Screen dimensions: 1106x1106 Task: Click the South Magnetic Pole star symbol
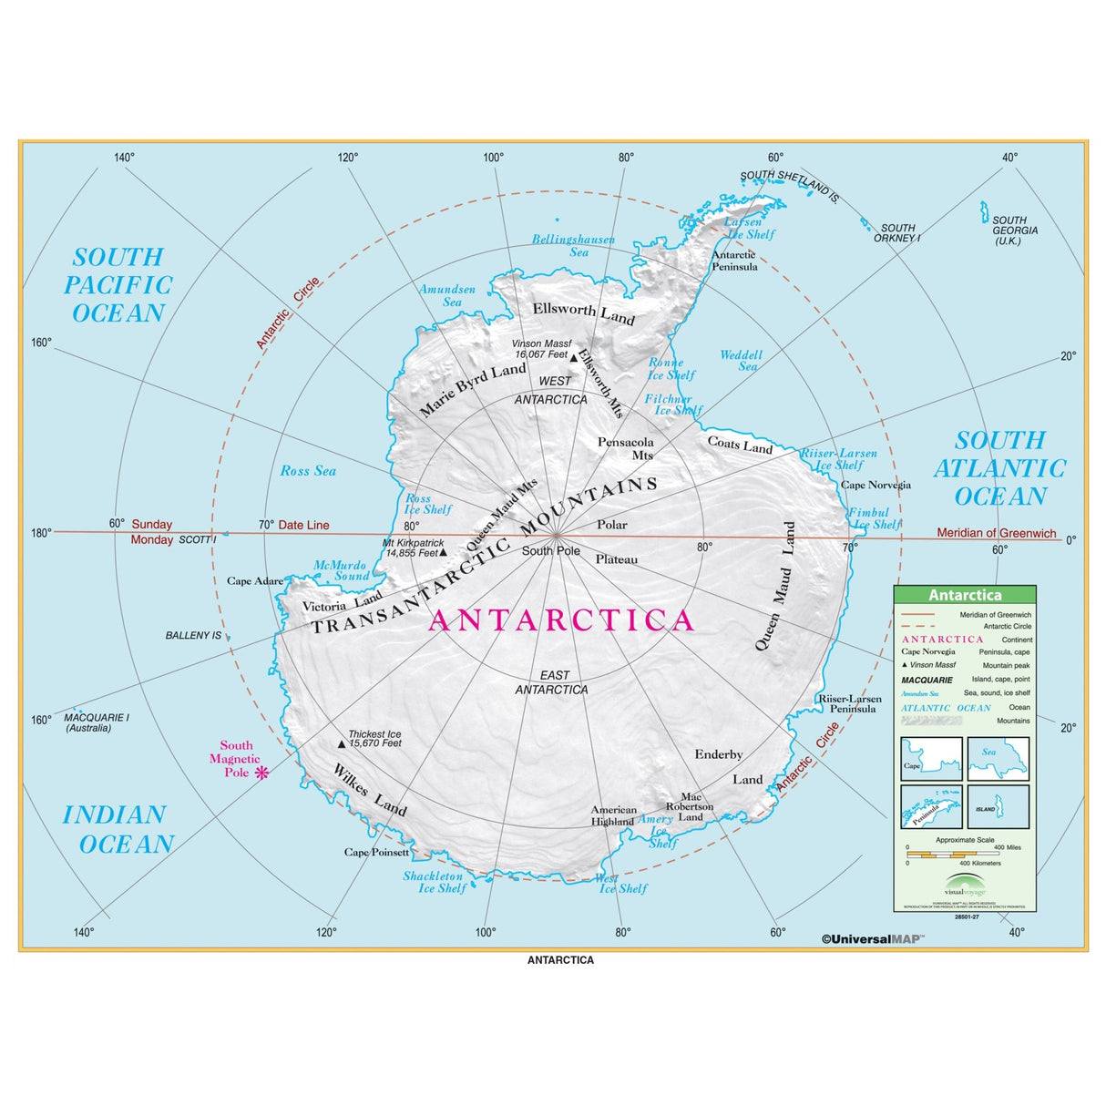point(262,773)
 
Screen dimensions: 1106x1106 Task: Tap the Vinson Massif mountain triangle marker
point(574,357)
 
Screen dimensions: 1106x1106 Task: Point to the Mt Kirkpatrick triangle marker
point(444,552)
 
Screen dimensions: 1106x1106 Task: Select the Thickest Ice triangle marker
point(342,743)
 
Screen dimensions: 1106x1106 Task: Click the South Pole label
point(550,551)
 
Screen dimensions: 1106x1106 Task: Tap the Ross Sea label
point(308,471)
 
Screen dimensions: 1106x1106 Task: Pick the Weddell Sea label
point(740,361)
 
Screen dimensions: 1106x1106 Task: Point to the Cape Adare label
point(255,580)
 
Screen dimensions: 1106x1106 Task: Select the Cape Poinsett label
point(376,853)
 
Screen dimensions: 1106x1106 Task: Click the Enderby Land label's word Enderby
point(719,754)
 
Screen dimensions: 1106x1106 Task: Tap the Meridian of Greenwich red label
point(997,533)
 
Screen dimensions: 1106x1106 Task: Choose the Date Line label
point(303,525)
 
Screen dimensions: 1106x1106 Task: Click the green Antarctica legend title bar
point(965,595)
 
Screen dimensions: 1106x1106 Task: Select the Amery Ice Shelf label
point(657,830)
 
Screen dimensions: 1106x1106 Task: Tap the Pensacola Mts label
point(627,448)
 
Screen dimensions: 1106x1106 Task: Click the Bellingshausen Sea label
point(574,246)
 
